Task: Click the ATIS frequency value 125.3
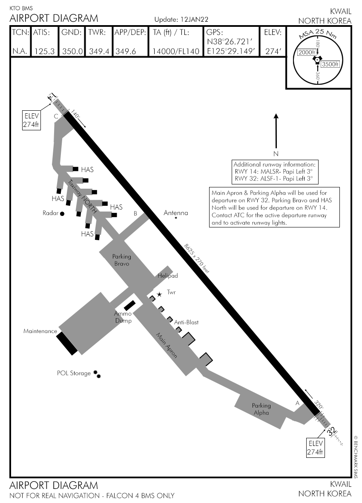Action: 44,52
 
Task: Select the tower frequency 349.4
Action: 99,52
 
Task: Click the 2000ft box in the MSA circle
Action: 306,52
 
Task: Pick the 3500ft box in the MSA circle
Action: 330,64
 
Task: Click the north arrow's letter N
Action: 276,153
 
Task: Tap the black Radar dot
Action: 62,213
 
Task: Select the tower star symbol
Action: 159,294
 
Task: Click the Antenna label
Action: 176,213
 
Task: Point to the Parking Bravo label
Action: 122,260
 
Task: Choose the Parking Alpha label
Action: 261,409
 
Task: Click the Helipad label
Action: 168,276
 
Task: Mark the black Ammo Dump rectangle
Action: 129,305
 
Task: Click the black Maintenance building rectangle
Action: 67,343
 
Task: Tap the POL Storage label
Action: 74,373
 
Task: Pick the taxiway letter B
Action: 135,213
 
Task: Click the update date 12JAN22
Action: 194,20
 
